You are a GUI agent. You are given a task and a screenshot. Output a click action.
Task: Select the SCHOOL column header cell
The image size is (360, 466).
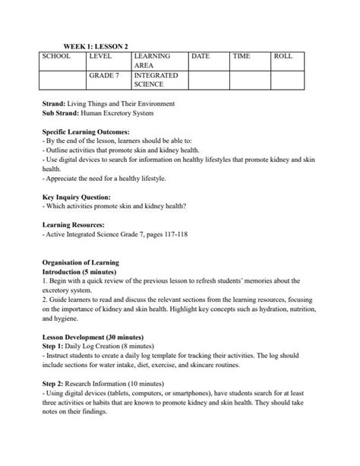pyautogui.click(x=56, y=56)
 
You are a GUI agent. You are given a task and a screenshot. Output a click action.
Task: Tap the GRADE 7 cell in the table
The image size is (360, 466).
pyautogui.click(x=105, y=76)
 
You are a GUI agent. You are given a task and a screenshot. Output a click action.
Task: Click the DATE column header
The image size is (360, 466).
pyautogui.click(x=201, y=56)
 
